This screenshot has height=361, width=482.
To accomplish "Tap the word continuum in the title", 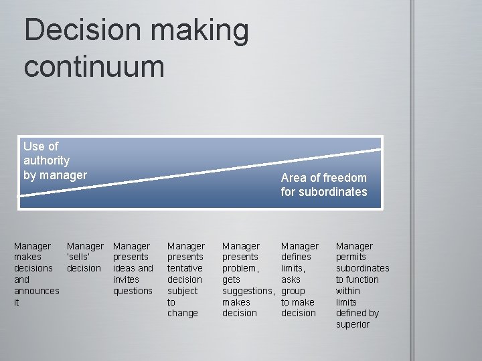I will [x=94, y=67].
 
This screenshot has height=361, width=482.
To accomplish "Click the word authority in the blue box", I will [x=46, y=160].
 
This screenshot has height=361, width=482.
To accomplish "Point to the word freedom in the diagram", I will [x=344, y=178].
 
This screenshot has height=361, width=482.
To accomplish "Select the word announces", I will [x=36, y=291].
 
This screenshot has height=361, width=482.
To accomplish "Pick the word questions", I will [x=133, y=291].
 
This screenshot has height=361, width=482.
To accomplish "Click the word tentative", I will [x=185, y=268].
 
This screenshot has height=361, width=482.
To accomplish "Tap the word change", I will [x=182, y=313].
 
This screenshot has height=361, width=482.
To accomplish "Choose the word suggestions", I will [x=248, y=291].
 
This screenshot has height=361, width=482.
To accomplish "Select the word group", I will [x=293, y=291].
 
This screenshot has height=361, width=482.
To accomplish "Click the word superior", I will [x=352, y=324].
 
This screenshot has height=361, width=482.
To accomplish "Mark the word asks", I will [x=291, y=279].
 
